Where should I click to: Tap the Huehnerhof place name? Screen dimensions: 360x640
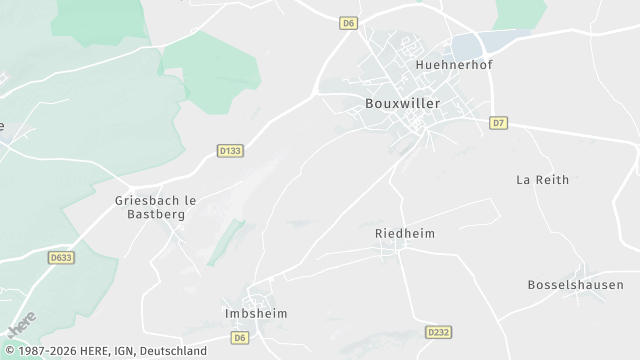[454, 65]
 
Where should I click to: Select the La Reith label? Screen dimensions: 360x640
[542, 180]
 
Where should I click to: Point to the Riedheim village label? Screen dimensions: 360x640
[404, 233]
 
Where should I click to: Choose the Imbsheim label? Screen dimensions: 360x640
[250, 313]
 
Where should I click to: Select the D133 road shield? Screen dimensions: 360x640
[230, 151]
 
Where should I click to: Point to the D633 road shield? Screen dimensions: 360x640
[61, 257]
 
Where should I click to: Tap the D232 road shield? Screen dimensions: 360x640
[437, 332]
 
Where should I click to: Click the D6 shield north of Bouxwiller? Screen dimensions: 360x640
[348, 21]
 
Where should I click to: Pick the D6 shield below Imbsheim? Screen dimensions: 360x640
[239, 338]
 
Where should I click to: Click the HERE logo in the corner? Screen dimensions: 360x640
[20, 326]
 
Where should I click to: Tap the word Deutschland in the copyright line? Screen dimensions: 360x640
[173, 351]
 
